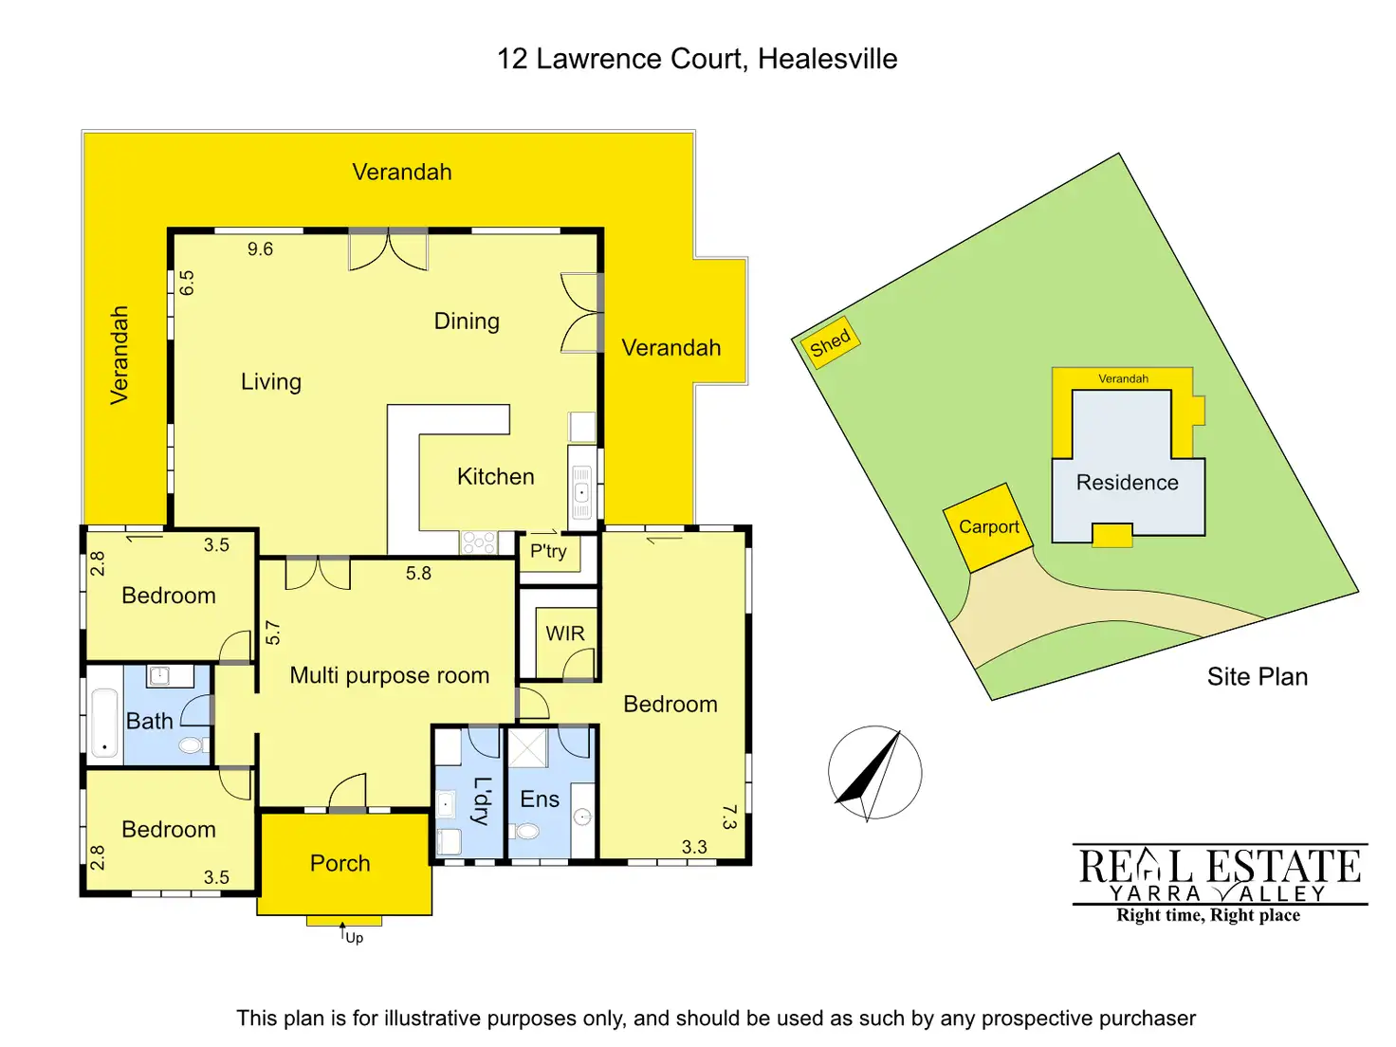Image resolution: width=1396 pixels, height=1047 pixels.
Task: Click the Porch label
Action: coord(340,863)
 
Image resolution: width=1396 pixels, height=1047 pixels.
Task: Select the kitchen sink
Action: coord(581,492)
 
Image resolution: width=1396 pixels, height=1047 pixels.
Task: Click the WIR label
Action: coord(565,634)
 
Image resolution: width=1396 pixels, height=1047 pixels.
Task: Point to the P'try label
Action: coord(548,551)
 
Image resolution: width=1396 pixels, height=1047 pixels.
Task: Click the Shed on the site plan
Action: coord(830,342)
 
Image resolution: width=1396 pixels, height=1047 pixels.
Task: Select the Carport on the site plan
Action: coord(988,527)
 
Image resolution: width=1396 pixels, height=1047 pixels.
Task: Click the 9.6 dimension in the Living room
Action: coord(260,249)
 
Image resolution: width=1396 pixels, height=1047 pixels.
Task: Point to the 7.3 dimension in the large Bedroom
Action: coord(728,817)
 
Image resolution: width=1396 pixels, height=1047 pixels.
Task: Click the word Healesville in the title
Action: coord(827,59)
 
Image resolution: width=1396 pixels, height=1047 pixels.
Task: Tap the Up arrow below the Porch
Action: coord(343,933)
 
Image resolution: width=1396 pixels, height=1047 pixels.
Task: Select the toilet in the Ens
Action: coord(526,832)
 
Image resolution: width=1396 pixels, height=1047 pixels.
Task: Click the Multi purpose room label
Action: coord(389,675)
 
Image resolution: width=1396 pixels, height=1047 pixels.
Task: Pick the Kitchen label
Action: coord(495,476)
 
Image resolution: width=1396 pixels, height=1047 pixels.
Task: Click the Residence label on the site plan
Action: coord(1127,483)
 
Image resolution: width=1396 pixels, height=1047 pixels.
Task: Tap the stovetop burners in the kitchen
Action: coord(478,542)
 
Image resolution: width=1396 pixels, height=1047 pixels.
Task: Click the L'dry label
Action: coord(482,800)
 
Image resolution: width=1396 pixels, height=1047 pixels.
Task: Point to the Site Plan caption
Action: coord(1257,676)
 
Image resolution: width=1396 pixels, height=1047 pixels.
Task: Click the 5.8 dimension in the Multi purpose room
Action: coord(418,574)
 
